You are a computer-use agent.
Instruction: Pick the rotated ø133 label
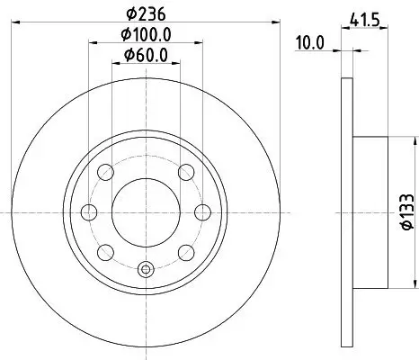point(403,211)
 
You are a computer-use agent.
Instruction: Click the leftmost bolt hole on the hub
point(90,212)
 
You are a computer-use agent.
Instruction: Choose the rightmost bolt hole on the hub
point(203,212)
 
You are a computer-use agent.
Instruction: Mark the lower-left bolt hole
point(106,251)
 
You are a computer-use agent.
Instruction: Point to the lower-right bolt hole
point(187,251)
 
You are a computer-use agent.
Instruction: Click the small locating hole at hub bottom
point(147,267)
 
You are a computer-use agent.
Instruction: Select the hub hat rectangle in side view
point(369,211)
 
